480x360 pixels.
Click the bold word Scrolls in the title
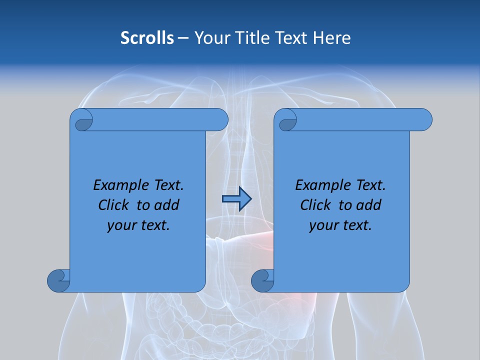147,37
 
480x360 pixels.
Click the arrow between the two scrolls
236,199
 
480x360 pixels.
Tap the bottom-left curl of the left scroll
58,280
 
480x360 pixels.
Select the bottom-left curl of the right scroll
262,280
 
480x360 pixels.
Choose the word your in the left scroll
121,225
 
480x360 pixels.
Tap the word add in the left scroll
166,205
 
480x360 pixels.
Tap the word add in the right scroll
368,205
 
